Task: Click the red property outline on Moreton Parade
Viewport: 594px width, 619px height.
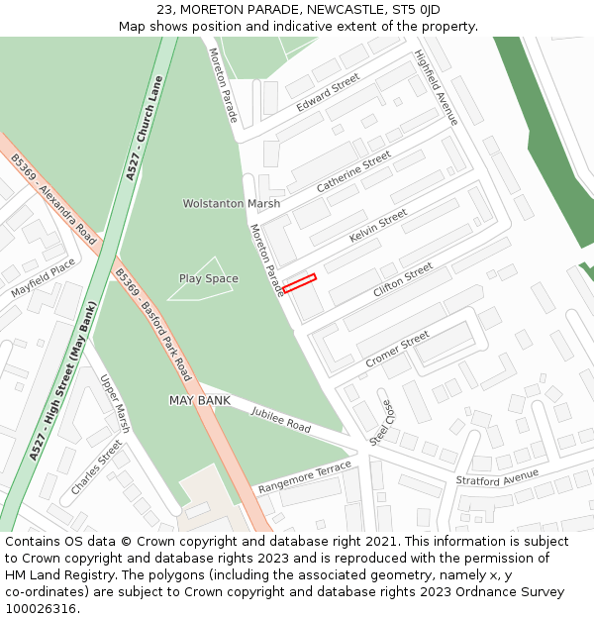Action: (x=299, y=283)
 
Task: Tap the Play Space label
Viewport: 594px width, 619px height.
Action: (x=208, y=279)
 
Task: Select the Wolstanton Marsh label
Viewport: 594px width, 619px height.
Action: (x=231, y=204)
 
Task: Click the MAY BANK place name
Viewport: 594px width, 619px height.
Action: (x=199, y=400)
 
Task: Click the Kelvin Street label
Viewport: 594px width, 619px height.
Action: (x=377, y=227)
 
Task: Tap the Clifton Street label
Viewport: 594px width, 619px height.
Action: (x=402, y=280)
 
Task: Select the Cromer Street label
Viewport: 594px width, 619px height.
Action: (x=397, y=348)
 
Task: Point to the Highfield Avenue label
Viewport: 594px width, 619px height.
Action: (x=437, y=87)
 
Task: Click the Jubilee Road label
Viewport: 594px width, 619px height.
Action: (x=280, y=419)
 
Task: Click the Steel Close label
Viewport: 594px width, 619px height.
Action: (x=380, y=422)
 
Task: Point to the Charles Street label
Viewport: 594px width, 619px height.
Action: (x=96, y=467)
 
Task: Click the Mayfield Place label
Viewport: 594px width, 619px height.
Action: (x=43, y=278)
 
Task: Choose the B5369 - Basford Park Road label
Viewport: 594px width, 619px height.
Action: (x=152, y=325)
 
